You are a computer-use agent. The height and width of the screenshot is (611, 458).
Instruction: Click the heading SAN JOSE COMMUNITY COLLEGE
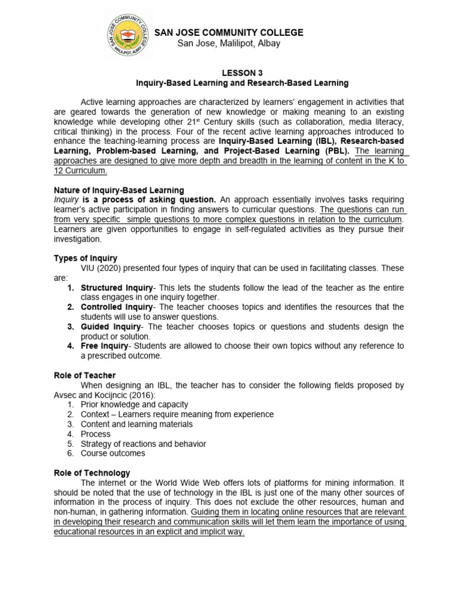click(x=229, y=33)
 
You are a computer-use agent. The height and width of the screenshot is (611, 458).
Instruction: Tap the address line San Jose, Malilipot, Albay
click(x=229, y=44)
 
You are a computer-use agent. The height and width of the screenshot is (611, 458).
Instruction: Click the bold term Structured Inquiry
click(x=117, y=288)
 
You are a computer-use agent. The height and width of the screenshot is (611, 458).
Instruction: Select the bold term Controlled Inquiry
click(x=117, y=307)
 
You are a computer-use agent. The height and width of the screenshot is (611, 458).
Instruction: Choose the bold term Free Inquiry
click(x=105, y=345)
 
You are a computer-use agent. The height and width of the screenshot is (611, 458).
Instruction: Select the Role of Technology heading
click(x=92, y=473)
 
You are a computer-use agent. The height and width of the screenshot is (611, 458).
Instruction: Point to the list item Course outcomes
click(x=113, y=453)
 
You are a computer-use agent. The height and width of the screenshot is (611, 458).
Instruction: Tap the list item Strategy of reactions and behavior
click(x=143, y=443)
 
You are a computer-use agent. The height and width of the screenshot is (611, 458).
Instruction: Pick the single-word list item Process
click(x=95, y=434)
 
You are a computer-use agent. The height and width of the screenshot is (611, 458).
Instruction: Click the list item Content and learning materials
click(x=137, y=424)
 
